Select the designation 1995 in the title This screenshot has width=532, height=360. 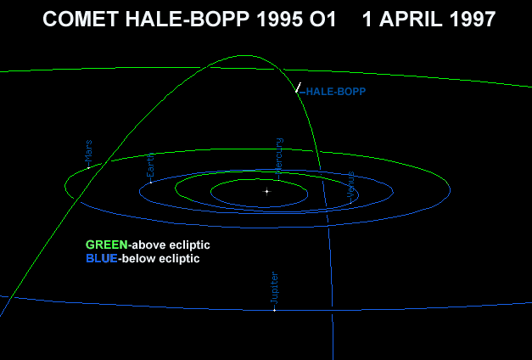coord(279,20)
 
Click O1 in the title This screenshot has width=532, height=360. coord(322,20)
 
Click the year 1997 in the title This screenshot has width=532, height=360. coord(473,20)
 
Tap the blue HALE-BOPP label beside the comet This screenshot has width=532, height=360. coord(335,92)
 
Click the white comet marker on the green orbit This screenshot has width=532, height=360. coord(298,87)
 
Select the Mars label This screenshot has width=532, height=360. coord(88,152)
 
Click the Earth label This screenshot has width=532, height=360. coord(150,166)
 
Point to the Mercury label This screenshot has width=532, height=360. coord(279,156)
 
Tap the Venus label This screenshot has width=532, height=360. coord(351,185)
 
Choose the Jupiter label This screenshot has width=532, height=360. coord(274,288)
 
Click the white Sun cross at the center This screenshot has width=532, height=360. coord(267,192)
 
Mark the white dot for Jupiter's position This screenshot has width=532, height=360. coord(274,310)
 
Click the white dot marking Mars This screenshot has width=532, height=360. coord(88,168)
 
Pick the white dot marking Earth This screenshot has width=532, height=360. coord(151,183)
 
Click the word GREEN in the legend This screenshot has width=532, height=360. coord(107,245)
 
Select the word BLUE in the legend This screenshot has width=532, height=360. coord(102,258)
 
